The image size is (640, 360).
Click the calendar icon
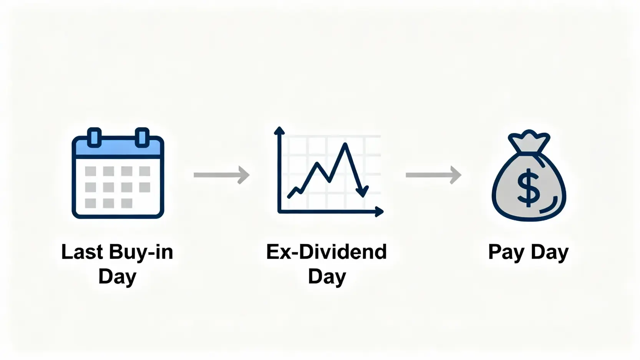[118, 173]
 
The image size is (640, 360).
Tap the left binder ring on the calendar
[94, 138]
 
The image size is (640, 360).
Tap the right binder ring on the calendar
[142, 138]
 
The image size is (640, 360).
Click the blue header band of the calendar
[118, 147]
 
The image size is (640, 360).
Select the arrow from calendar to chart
[221, 175]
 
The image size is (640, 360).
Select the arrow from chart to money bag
[433, 175]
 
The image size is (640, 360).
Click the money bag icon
[529, 176]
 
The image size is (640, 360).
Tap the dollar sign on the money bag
[529, 188]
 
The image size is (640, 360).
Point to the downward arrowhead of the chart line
[362, 192]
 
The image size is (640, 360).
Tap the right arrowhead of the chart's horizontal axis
[380, 212]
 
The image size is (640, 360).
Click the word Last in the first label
[82, 252]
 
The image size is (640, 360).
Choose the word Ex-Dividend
[327, 252]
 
